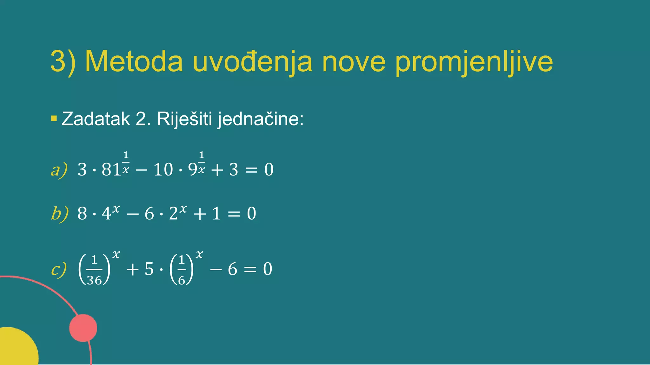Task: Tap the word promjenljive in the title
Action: click(x=474, y=62)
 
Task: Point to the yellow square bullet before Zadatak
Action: click(x=54, y=119)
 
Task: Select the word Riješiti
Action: click(x=184, y=119)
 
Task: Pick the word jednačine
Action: click(x=260, y=119)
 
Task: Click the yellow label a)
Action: click(x=59, y=170)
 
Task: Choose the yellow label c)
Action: click(x=59, y=269)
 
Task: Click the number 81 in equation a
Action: click(x=111, y=170)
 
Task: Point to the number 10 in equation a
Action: click(x=163, y=170)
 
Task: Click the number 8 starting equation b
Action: click(x=82, y=213)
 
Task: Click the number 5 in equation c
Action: click(x=149, y=269)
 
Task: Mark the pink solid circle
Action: click(x=83, y=328)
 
